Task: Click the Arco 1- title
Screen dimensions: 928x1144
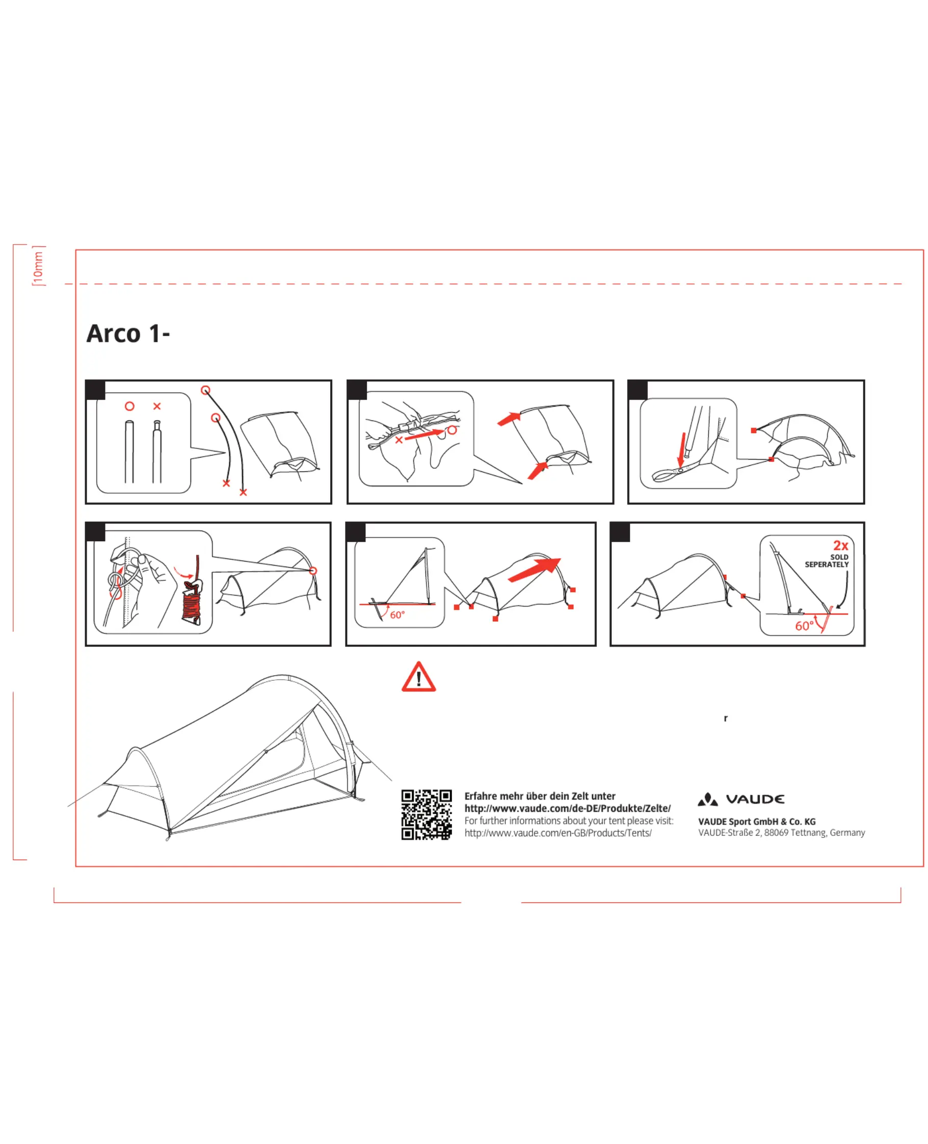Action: [128, 334]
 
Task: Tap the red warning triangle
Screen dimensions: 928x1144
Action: [418, 677]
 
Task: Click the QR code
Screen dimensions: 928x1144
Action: [427, 815]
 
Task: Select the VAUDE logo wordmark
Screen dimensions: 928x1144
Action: [755, 799]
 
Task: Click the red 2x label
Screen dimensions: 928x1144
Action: [840, 545]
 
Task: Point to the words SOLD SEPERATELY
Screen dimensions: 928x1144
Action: [827, 561]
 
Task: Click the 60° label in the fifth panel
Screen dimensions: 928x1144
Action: [397, 615]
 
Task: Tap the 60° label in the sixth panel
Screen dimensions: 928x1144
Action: [804, 626]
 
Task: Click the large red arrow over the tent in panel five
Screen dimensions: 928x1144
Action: [534, 569]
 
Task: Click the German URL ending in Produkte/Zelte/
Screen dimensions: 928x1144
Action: [567, 808]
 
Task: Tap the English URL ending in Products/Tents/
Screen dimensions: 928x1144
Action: [558, 833]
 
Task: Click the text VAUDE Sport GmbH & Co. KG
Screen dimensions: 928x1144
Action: [756, 821]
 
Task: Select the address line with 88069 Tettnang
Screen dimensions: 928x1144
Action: [781, 833]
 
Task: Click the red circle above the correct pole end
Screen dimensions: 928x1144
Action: [129, 406]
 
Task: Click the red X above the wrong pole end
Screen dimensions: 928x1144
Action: [156, 406]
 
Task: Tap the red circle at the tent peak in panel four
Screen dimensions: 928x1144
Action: [313, 571]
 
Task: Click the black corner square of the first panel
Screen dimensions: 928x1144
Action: [96, 390]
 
